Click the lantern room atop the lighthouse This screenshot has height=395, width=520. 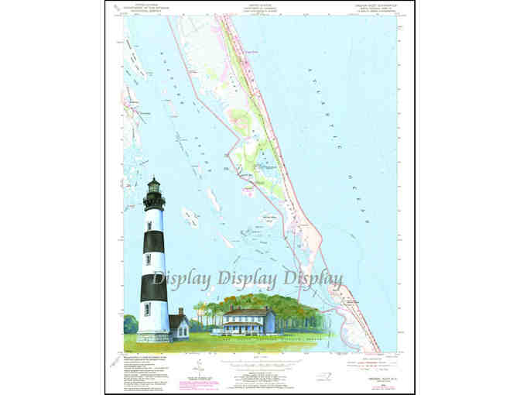pos(154,186)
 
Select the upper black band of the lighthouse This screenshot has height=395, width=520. pos(154,241)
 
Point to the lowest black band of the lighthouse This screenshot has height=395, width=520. pos(154,287)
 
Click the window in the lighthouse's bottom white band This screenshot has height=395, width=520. pos(147,309)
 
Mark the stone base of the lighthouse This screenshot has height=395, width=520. pos(153,337)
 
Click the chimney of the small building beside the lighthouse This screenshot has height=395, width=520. pos(180,311)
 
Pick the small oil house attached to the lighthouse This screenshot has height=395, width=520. pos(179,326)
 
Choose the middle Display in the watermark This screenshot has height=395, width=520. pos(248,278)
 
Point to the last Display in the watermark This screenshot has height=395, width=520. pos(314,278)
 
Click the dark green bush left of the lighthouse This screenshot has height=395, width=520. pos(129,324)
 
